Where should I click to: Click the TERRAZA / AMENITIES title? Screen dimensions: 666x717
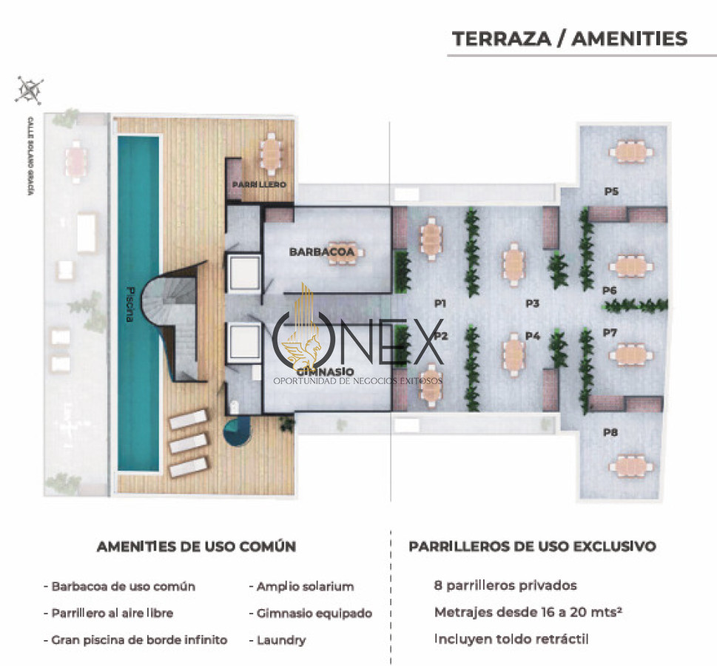coord(569,38)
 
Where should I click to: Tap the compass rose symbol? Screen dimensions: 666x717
coord(30,90)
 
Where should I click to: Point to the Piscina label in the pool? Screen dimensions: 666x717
coord(129,303)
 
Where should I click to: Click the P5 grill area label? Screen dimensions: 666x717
coord(611,192)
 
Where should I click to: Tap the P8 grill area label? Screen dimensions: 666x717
coord(610,433)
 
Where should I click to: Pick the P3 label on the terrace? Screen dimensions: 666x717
coord(533,303)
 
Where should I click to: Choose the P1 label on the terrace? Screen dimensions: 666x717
coord(441,303)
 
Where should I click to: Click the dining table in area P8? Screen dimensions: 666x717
coord(630,465)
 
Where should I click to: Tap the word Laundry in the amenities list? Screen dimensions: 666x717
coord(280,640)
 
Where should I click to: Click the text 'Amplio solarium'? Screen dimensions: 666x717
coord(305,587)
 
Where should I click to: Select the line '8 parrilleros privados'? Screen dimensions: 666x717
coord(505,585)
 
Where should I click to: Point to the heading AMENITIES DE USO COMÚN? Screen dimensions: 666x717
coord(196,547)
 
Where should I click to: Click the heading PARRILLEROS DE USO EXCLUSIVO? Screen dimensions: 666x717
coord(532,547)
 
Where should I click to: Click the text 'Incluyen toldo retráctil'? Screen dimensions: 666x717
coord(511,639)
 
